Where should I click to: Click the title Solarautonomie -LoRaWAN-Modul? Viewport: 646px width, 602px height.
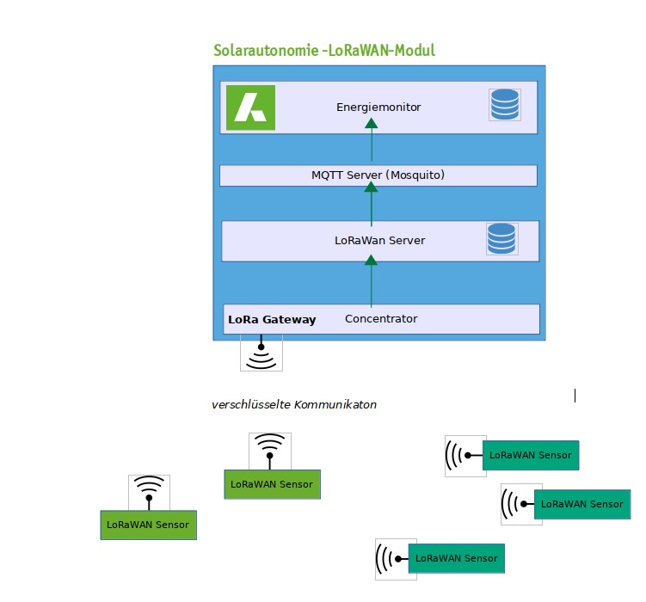[x=324, y=51]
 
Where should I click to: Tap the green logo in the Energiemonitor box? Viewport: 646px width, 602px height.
[x=250, y=108]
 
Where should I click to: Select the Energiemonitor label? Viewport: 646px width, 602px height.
[x=378, y=107]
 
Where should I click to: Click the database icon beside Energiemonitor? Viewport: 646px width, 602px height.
[x=504, y=105]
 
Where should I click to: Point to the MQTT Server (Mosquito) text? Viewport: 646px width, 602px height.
[x=378, y=175]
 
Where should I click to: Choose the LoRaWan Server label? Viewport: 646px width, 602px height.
[x=379, y=241]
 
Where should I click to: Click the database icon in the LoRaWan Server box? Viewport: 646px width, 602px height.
[x=501, y=238]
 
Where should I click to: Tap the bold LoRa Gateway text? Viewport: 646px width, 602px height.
[x=272, y=320]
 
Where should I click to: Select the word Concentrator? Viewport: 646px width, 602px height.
[x=381, y=319]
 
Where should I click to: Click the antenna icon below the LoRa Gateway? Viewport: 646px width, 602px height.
[x=261, y=353]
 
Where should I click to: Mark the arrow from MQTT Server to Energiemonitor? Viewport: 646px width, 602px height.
[x=372, y=141]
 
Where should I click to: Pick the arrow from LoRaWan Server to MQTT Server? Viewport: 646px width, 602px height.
[x=372, y=204]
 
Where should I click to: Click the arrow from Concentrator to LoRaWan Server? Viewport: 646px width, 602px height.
[x=372, y=283]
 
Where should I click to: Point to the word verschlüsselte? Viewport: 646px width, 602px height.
[x=251, y=404]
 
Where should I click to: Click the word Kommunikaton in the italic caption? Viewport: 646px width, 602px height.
[x=335, y=404]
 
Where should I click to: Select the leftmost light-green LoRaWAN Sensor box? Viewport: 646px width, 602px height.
[x=148, y=525]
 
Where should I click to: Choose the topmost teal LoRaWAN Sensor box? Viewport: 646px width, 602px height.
[x=530, y=455]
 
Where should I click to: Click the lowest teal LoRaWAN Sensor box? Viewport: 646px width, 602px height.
[x=456, y=558]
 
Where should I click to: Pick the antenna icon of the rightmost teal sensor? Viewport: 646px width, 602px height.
[x=521, y=504]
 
